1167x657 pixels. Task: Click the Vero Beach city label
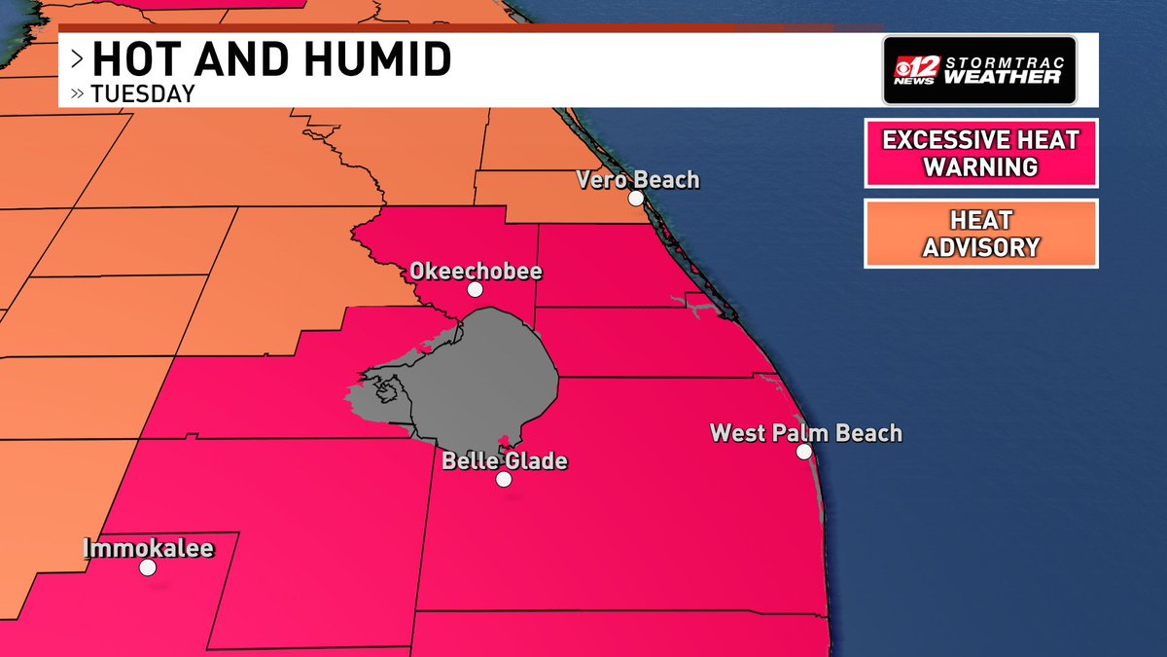coord(637,180)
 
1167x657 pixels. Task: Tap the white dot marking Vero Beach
coord(635,199)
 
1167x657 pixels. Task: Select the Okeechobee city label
coord(476,271)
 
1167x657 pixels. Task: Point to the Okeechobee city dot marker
coord(475,290)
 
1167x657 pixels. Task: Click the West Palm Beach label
coord(805,432)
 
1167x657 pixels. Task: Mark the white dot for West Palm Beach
coord(804,452)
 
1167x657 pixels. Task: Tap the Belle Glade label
coord(504,460)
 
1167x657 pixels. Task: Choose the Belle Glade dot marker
coord(504,479)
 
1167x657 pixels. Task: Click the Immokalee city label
coord(148,549)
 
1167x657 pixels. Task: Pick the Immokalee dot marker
coord(148,567)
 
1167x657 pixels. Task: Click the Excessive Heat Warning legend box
coord(980,153)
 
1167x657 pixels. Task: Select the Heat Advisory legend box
coord(980,234)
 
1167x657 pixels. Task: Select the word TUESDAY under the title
coord(142,94)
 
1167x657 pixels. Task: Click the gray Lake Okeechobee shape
coord(486,370)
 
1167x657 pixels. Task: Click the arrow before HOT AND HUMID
coord(77,60)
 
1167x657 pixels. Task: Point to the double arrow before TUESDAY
coord(78,94)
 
